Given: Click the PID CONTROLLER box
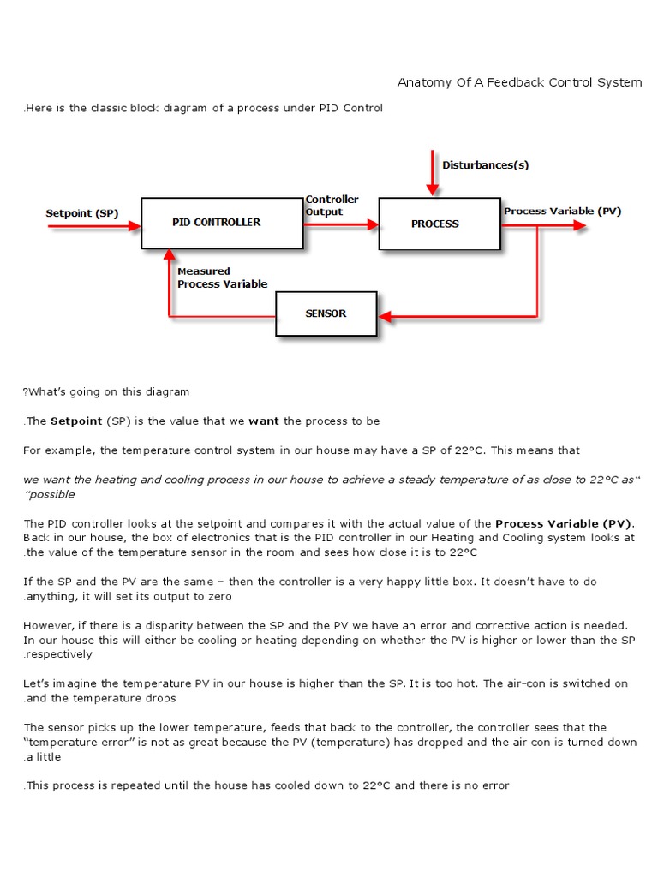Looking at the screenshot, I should (222, 223).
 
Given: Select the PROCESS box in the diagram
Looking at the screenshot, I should (440, 224).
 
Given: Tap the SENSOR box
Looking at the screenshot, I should (326, 313).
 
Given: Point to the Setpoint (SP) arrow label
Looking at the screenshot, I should (81, 212).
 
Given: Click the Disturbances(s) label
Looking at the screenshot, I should (479, 164).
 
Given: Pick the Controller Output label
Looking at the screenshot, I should (332, 206).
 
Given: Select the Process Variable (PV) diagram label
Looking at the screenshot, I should (562, 211).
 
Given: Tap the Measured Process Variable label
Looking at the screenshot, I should (222, 277).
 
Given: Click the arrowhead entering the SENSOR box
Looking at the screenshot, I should (385, 317).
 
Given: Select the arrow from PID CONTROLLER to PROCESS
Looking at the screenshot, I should (341, 224).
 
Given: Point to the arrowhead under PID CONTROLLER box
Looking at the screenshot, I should (170, 255).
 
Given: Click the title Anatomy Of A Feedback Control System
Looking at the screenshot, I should (519, 82).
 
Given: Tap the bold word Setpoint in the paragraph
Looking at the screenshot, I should (76, 421).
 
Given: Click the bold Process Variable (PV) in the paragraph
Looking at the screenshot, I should (565, 522).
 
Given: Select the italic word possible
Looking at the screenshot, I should (51, 494).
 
